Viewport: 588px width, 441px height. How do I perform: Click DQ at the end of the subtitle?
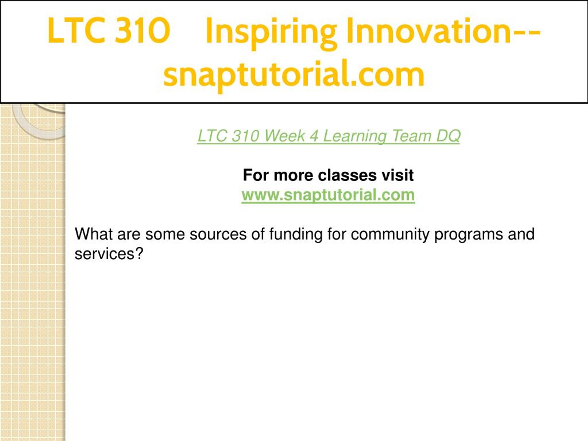[x=448, y=136]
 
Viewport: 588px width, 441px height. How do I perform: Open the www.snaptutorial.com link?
[x=328, y=195]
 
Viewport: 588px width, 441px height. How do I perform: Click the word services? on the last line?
[x=109, y=254]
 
